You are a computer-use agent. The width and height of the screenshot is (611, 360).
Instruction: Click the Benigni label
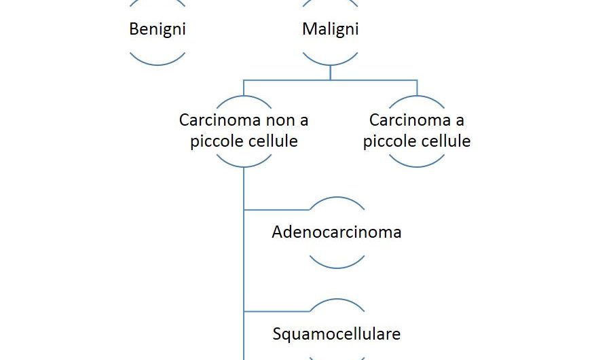pos(157,29)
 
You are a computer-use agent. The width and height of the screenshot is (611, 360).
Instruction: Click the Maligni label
pos(330,29)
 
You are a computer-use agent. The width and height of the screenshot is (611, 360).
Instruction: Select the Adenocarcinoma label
pos(336,232)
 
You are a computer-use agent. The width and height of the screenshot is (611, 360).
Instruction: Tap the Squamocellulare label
pos(336,334)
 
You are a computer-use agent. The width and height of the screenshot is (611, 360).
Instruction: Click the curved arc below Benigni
pos(157,63)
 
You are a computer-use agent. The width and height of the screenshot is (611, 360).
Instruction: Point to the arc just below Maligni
pos(330,63)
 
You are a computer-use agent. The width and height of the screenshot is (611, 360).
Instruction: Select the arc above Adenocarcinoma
pos(336,199)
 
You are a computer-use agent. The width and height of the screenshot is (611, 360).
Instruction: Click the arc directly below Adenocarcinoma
pos(336,266)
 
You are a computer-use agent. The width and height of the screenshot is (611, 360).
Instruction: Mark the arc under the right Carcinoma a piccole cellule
pos(416,165)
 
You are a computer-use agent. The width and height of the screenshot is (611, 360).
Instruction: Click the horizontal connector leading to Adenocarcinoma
pos(275,209)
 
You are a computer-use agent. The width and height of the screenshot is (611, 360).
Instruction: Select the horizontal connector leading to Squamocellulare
pos(275,311)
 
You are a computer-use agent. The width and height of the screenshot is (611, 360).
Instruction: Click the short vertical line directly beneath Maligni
pos(330,73)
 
